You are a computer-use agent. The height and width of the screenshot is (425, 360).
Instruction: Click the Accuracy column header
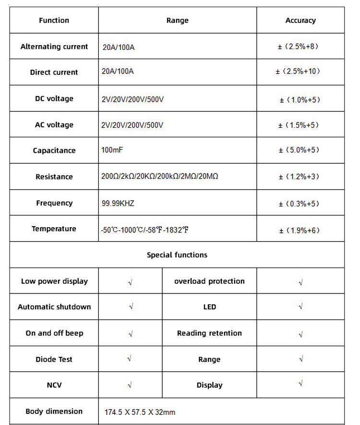300,20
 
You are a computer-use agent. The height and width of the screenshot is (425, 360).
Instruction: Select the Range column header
177,20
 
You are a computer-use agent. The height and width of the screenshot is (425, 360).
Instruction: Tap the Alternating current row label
54,47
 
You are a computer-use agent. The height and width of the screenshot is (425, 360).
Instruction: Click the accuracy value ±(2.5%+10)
298,71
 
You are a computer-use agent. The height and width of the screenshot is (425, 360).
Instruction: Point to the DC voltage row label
54,98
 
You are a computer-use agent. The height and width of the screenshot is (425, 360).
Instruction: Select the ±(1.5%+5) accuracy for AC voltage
299,125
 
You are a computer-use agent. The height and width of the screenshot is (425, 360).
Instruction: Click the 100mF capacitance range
112,150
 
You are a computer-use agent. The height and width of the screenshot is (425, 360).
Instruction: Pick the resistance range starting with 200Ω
160,177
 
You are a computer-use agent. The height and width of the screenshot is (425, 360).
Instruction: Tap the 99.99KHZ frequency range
118,204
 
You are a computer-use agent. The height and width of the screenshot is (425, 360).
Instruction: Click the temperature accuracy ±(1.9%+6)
299,230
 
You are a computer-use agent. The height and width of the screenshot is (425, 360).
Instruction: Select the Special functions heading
177,255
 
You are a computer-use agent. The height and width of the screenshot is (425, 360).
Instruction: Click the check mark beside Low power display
130,282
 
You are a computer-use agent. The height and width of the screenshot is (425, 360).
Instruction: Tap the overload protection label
209,281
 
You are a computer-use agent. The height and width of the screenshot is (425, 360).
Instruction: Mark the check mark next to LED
300,306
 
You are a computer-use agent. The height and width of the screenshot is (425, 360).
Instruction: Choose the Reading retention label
209,333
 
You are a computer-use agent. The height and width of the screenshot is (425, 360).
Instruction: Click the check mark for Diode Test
130,359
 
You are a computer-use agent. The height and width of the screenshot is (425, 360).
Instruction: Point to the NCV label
54,385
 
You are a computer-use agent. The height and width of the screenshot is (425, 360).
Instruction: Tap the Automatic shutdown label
54,307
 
